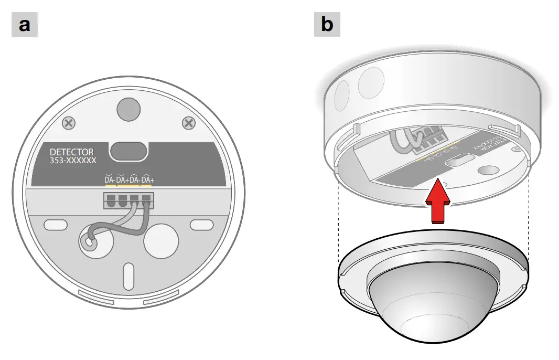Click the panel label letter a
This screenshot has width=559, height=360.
point(25,25)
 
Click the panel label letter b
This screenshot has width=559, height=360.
point(327,25)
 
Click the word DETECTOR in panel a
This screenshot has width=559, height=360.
point(72,152)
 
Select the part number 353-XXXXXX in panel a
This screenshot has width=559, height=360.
point(73,161)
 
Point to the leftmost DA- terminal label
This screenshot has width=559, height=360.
point(110,180)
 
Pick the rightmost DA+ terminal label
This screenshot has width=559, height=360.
point(147,180)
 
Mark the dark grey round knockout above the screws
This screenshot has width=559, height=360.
point(128,108)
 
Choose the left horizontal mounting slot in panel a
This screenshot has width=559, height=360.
point(56,225)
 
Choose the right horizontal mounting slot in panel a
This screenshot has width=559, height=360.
point(201,225)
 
